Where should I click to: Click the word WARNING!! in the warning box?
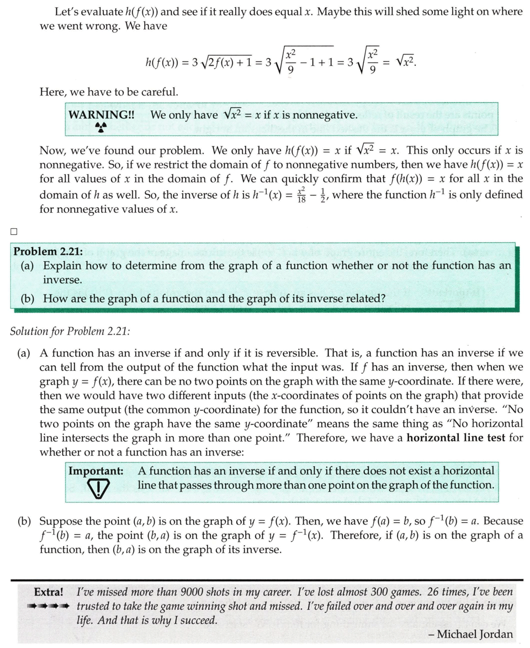coord(98,115)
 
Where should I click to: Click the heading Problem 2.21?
coord(48,251)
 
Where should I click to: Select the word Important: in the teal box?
coord(96,471)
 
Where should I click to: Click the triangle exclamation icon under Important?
coord(98,488)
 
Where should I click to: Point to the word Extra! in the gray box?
coord(49,592)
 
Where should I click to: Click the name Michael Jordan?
coord(475,634)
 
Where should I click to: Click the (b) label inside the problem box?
coord(29,298)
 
